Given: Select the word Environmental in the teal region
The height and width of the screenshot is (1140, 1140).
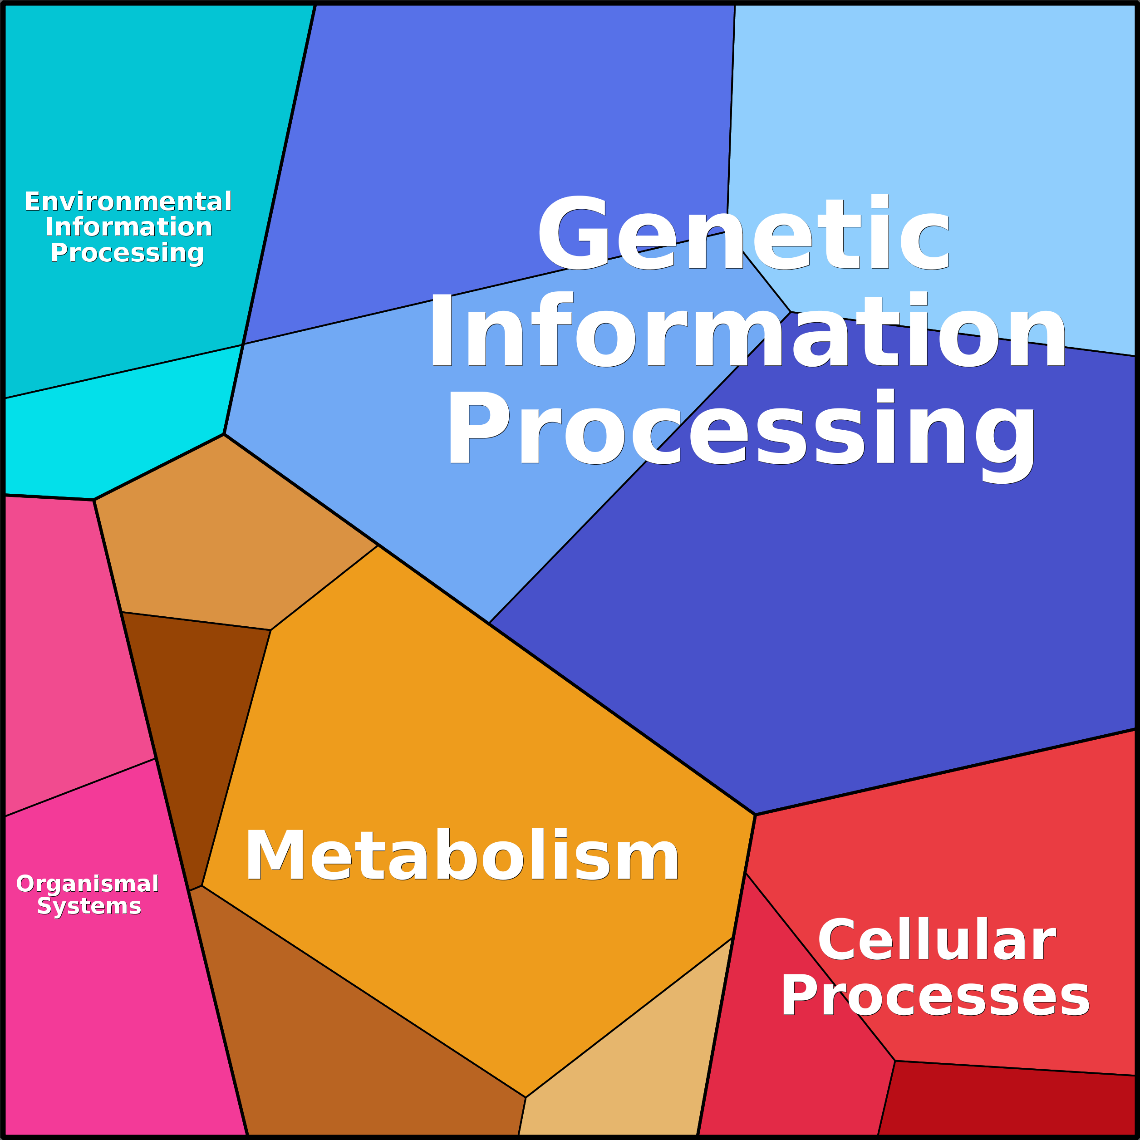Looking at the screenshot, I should (128, 202).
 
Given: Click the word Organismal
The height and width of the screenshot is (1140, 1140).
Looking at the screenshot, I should (87, 884).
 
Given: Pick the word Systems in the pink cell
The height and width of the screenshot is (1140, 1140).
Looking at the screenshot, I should (89, 906).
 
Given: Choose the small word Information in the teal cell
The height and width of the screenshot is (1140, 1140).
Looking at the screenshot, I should (128, 227).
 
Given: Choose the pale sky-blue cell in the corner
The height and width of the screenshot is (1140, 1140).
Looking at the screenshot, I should (944, 118).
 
